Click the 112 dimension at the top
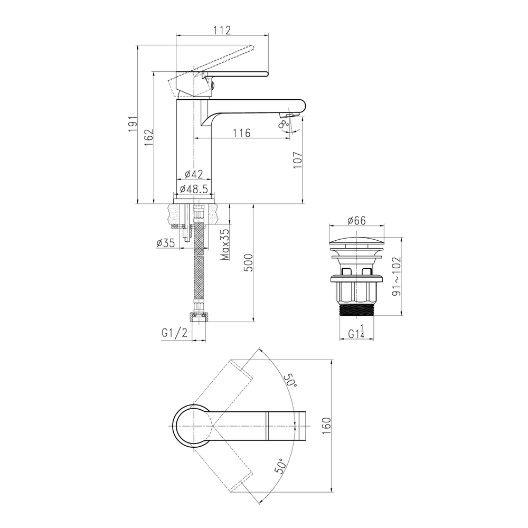[x=222, y=30]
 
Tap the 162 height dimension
[x=149, y=137]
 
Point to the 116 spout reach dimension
[x=242, y=133]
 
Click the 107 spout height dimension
[x=298, y=160]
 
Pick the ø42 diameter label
[x=194, y=174]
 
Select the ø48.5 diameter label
[x=194, y=189]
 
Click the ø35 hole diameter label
[x=166, y=243]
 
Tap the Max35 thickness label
[x=225, y=245]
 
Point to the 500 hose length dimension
[x=248, y=262]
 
